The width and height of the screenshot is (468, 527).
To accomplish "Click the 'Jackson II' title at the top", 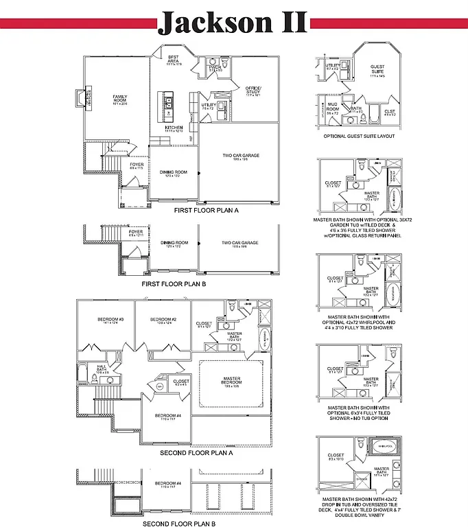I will (x=233, y=23).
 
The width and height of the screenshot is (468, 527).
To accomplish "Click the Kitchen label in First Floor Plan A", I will (x=173, y=128).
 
